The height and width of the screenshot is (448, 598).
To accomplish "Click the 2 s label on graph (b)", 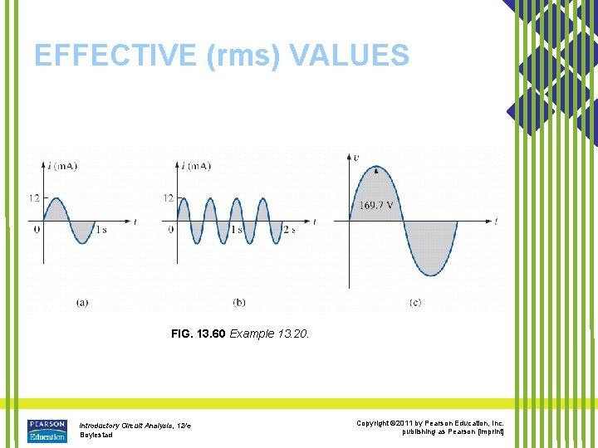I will pos(288,229).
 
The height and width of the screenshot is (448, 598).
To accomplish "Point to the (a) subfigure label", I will pos(82,303).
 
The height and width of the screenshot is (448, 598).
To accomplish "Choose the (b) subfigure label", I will pos(240,303).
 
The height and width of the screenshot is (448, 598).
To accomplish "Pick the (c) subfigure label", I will pos(414,303).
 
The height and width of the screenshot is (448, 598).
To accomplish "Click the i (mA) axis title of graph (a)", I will pos(62,166).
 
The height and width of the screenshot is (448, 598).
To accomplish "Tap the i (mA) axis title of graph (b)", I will pos(195,166).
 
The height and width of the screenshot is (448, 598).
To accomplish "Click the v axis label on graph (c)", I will pos(356,157).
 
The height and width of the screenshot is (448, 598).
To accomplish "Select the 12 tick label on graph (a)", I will pos(33,198).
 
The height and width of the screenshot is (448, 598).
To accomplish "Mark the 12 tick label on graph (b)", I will pos(169,198).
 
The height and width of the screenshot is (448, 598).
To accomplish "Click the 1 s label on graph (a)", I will pos(100,229).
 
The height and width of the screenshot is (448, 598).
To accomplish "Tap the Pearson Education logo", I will pos(47,429).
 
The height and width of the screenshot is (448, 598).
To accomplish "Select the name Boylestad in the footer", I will pos(96,436).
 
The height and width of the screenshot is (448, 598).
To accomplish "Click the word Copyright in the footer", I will pos(374,423).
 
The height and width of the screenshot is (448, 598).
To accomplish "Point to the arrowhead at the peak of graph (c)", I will pos(377,170).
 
